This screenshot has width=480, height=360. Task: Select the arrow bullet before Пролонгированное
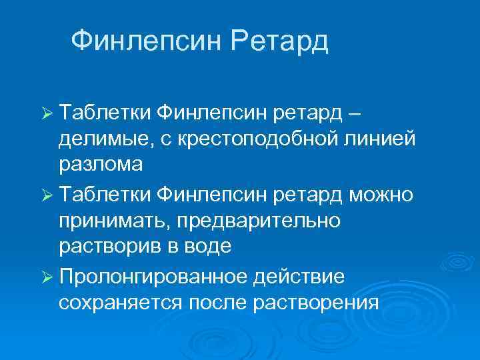(x=45, y=275)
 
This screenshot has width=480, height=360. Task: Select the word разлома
(x=99, y=165)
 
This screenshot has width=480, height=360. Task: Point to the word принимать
(x=113, y=220)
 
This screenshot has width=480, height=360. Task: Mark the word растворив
(x=109, y=247)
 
